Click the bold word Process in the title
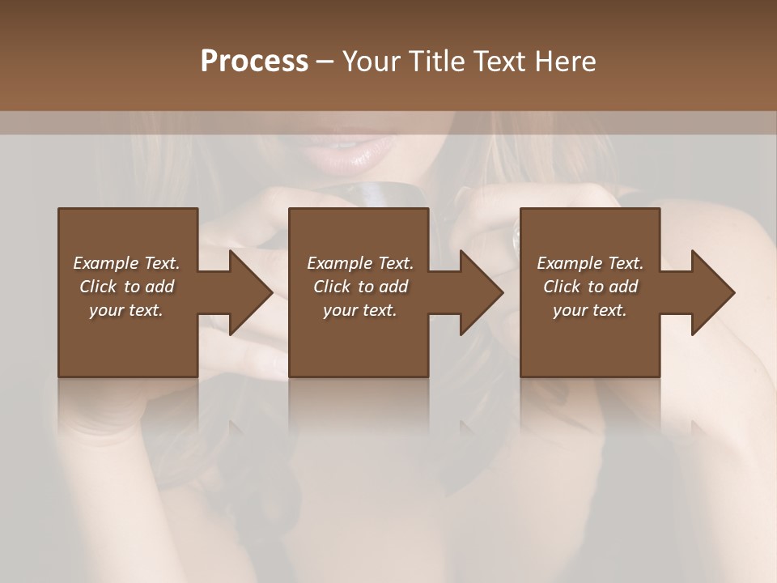click(254, 62)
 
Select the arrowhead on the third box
click(711, 292)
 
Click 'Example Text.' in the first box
click(126, 263)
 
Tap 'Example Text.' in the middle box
click(359, 263)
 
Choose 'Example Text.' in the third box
click(590, 263)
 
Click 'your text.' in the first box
click(126, 310)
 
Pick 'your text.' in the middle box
click(359, 310)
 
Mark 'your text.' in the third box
click(590, 310)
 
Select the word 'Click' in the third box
click(563, 287)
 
